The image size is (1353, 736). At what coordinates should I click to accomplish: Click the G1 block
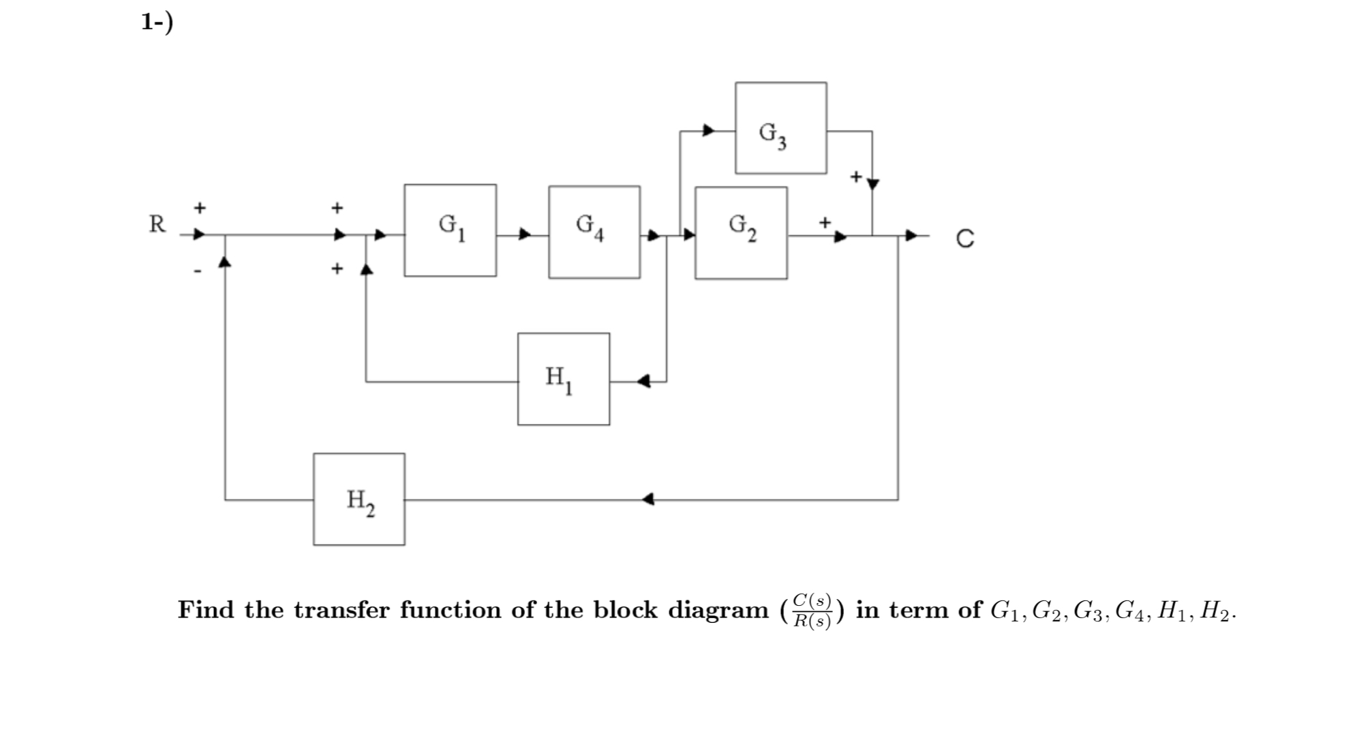[450, 230]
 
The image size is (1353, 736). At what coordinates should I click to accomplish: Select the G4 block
[594, 232]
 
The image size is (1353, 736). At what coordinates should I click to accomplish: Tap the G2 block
[741, 232]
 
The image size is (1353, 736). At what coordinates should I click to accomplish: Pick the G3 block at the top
[780, 128]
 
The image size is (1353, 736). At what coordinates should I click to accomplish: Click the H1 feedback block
[563, 379]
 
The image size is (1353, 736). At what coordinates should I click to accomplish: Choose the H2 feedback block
[359, 500]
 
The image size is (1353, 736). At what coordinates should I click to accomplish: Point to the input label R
[157, 224]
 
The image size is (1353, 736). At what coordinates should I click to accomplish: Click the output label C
[964, 239]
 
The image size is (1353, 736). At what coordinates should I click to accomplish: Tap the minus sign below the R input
[198, 271]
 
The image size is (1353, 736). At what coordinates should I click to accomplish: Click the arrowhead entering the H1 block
[643, 381]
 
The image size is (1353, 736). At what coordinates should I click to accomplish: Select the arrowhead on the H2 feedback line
[648, 500]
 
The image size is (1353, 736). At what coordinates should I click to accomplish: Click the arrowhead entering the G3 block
[709, 129]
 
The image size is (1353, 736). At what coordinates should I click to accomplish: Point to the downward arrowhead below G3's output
[872, 184]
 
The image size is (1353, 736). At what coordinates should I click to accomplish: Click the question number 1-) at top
[157, 22]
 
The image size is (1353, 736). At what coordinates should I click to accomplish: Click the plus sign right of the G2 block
[825, 221]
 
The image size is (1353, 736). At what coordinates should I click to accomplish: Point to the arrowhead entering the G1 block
[380, 235]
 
